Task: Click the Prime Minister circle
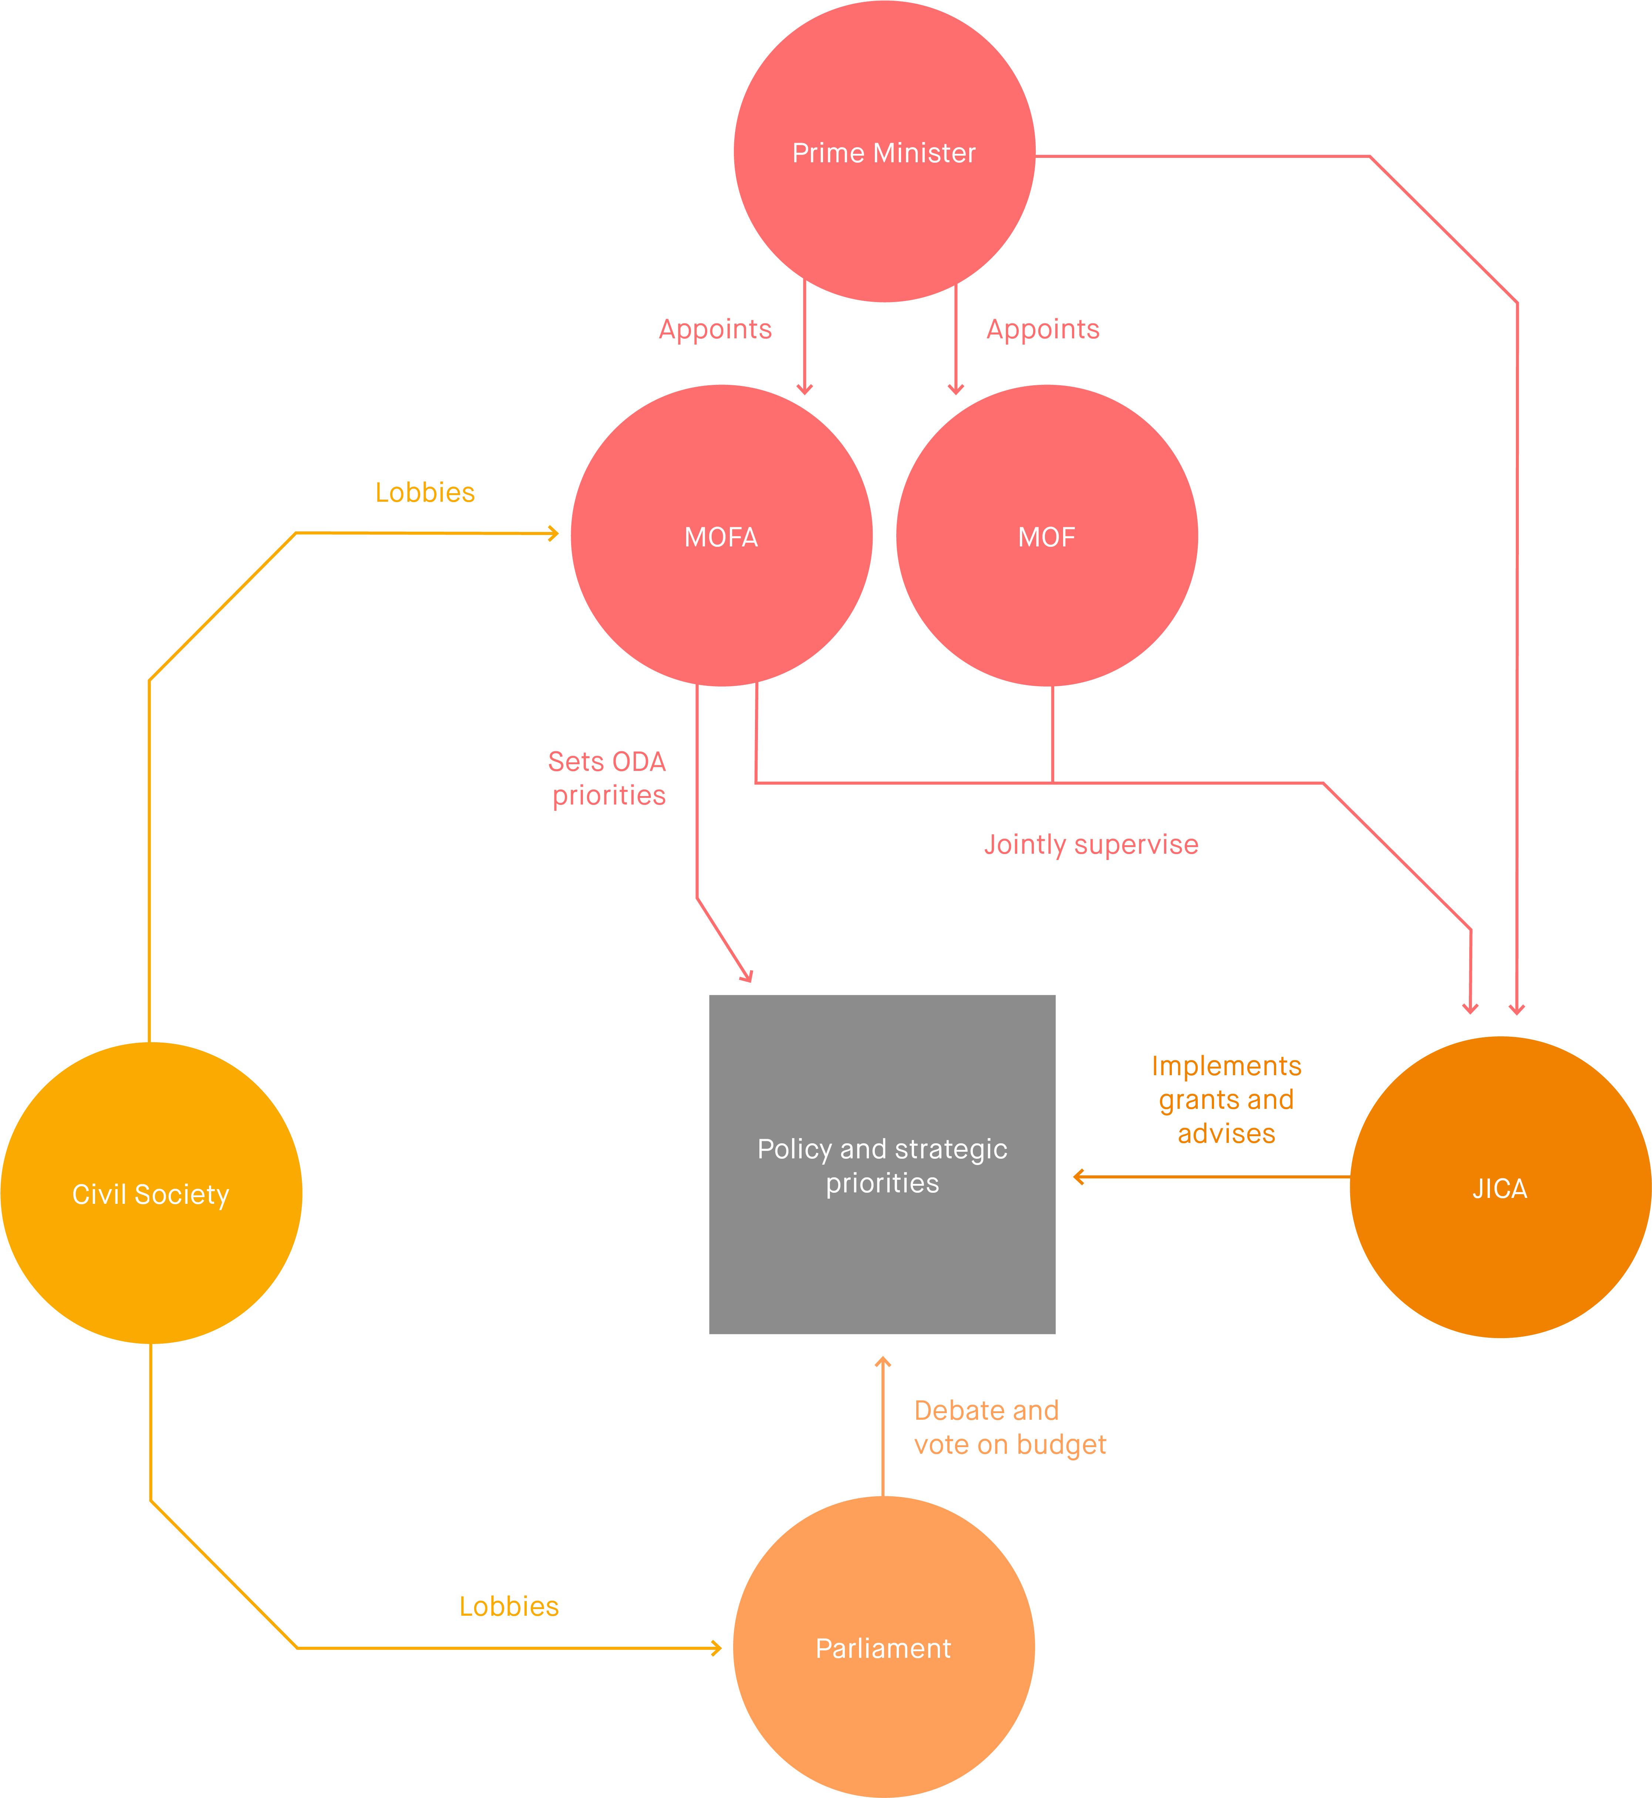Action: tap(884, 152)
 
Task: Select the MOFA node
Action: tap(721, 536)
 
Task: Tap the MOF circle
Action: tap(1047, 536)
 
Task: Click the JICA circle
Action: tap(1500, 1188)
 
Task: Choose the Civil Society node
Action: tap(151, 1193)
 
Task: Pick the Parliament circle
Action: tap(883, 1647)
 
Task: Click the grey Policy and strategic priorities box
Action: tap(882, 1164)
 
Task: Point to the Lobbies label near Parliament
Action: tap(509, 1606)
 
